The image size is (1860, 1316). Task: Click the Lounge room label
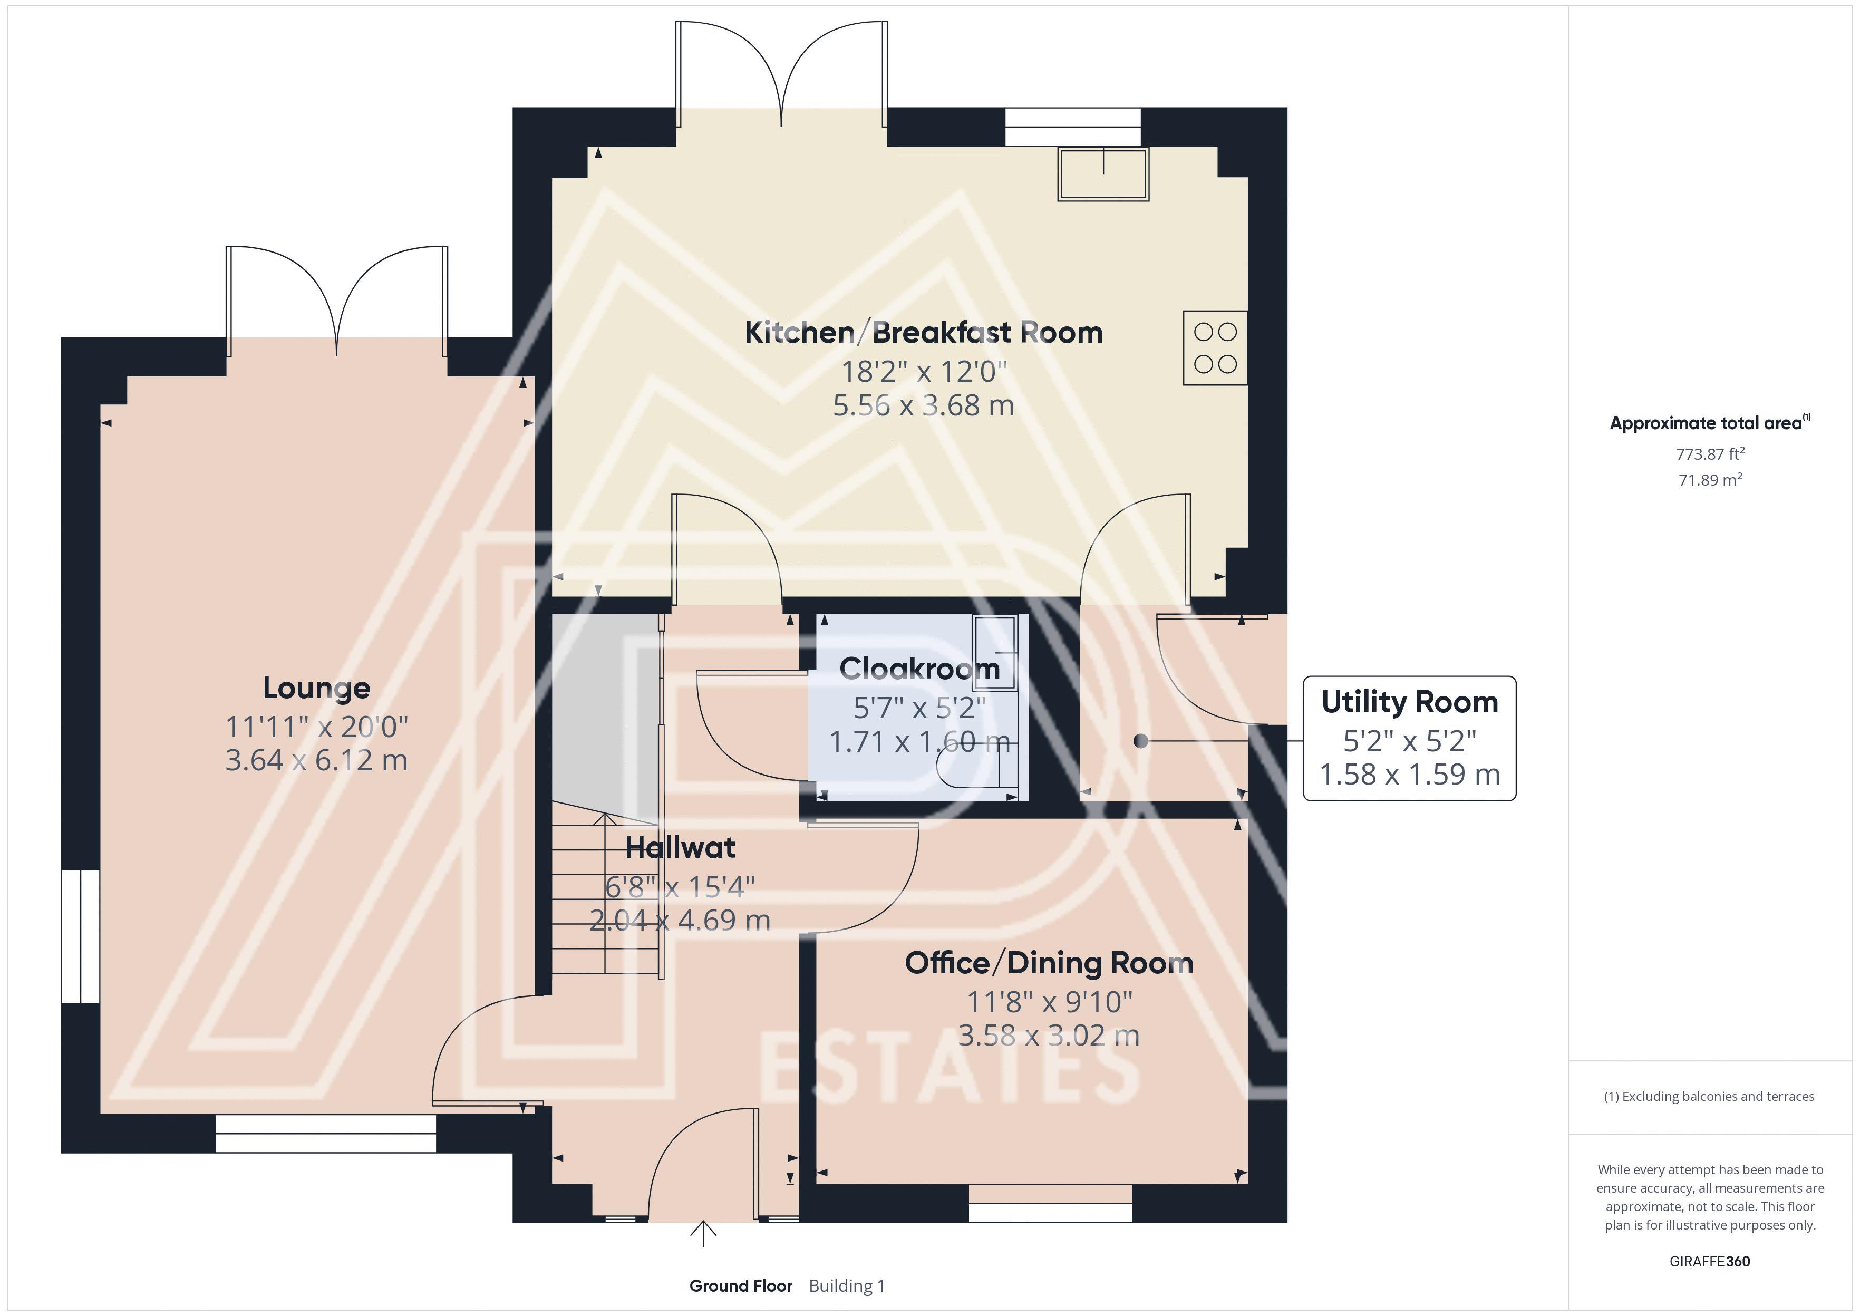(x=317, y=688)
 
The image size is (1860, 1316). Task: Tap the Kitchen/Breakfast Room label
(x=924, y=332)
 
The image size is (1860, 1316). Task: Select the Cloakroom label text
(x=919, y=669)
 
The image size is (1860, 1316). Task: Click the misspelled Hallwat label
(x=681, y=848)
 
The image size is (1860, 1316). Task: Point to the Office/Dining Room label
(x=1049, y=963)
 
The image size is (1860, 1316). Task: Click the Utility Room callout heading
(x=1410, y=702)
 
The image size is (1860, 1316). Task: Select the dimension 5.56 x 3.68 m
(x=924, y=405)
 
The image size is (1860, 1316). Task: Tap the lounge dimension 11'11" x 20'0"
(x=317, y=727)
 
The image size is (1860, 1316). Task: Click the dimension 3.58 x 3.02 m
(x=1049, y=1036)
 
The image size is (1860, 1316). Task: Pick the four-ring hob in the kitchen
(x=1215, y=347)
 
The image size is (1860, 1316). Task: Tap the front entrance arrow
(x=703, y=1234)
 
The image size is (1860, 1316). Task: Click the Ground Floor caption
(x=740, y=1286)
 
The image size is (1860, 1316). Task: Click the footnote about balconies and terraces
(x=1709, y=1096)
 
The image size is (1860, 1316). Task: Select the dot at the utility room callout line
(x=1141, y=741)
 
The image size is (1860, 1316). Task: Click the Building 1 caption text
(x=847, y=1286)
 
